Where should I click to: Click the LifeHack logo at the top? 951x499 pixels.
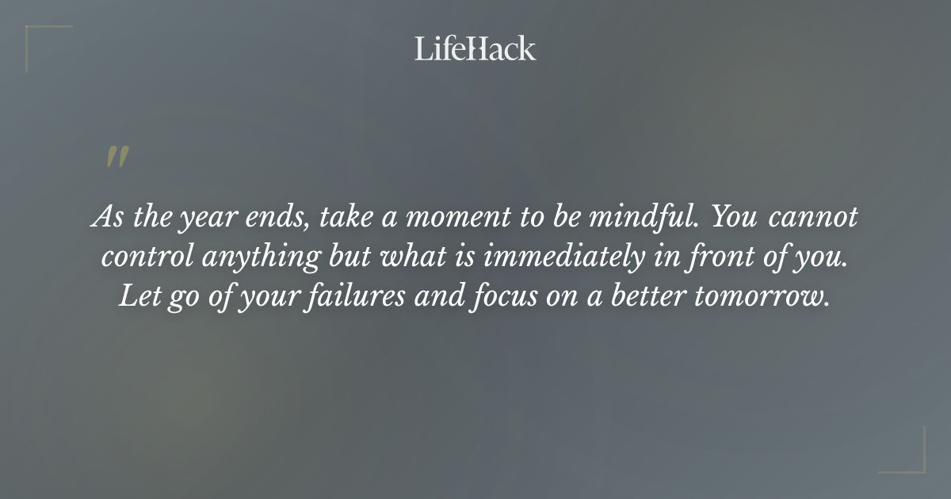click(475, 48)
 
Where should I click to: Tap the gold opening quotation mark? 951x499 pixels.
click(117, 157)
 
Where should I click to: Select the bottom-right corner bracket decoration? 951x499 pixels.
click(912, 460)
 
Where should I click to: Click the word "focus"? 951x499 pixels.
click(520, 297)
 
